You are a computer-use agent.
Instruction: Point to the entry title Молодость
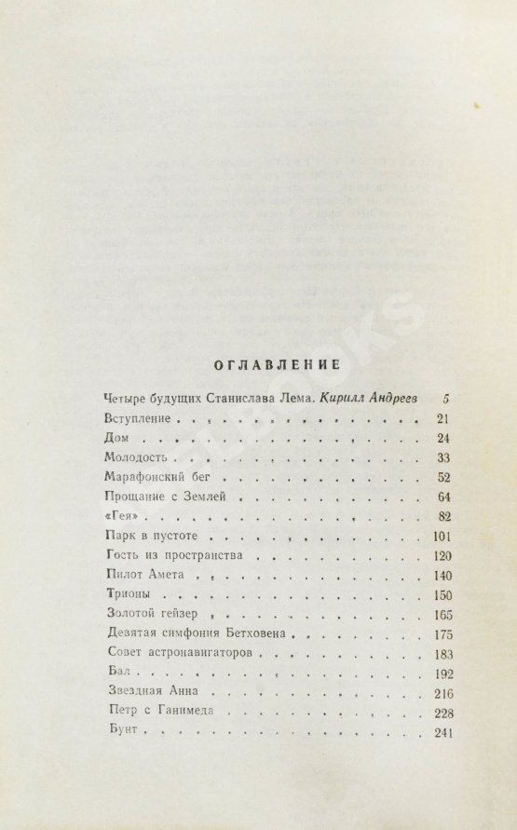coord(138,457)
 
